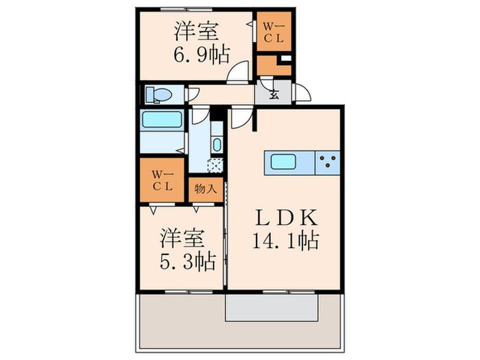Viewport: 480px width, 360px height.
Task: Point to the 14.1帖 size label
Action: point(286,241)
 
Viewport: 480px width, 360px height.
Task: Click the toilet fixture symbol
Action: point(160,95)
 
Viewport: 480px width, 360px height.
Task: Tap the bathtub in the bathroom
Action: point(162,120)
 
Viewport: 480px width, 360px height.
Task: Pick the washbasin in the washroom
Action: point(217,144)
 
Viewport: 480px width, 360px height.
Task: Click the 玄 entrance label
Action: point(273,95)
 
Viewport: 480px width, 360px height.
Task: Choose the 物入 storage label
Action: point(206,188)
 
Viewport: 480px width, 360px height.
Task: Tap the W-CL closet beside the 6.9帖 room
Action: point(274,32)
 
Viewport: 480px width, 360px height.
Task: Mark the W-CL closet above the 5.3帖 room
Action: point(163,180)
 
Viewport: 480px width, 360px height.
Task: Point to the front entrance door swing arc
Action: point(302,93)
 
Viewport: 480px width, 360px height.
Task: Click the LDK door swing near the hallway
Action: point(239,119)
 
